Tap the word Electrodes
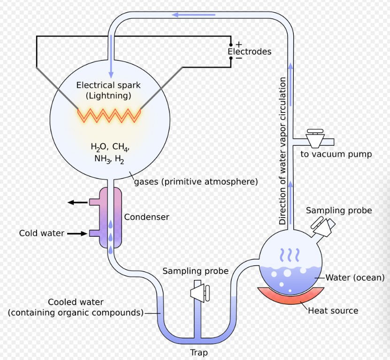coord(249,52)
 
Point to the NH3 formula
coord(102,159)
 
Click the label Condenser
coord(146,217)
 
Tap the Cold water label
coord(41,233)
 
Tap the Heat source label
coord(333,310)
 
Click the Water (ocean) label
coord(355,277)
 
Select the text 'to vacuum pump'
coord(336,154)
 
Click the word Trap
coord(199,352)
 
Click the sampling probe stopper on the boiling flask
coord(324,226)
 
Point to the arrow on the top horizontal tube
coord(187,15)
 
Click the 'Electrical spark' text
coord(108,85)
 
